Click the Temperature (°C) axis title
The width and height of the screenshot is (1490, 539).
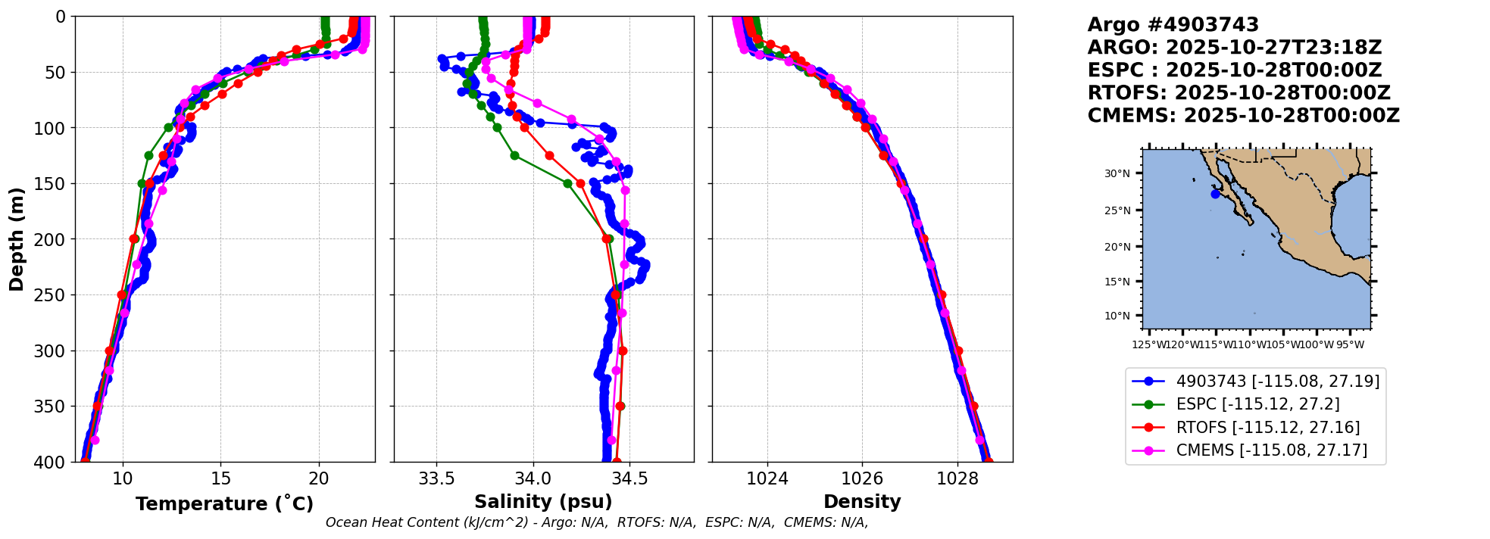(x=224, y=504)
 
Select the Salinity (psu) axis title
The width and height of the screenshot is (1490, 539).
(x=543, y=502)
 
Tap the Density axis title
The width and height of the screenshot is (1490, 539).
(x=862, y=502)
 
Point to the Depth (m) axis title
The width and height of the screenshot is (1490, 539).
(x=17, y=239)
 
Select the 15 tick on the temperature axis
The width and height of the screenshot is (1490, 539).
(x=220, y=478)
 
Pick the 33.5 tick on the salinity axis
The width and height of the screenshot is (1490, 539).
(x=436, y=478)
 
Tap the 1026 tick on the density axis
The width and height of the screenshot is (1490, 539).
(x=862, y=478)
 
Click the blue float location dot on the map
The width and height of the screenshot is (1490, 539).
(x=1215, y=194)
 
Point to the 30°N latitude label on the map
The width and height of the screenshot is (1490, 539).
(x=1117, y=174)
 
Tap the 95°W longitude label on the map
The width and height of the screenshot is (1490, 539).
(x=1349, y=345)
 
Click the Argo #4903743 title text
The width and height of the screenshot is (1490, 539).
(x=1173, y=25)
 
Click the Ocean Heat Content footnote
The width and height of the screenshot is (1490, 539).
(x=596, y=522)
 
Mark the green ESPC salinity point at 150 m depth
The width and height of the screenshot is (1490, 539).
(x=567, y=183)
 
